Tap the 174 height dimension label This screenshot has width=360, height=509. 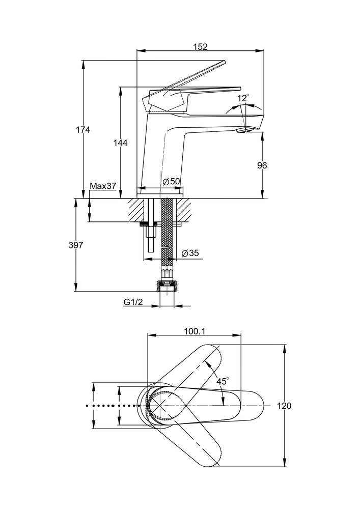point(82,130)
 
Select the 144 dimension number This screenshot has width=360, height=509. point(120,143)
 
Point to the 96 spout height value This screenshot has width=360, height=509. point(262,165)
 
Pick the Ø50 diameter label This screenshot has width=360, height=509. point(172,181)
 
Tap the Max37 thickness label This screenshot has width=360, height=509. point(103,186)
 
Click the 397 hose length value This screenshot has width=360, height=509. point(75,245)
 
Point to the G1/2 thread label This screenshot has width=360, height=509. point(133,302)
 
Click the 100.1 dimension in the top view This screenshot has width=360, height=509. point(194,331)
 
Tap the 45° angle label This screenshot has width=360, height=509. point(223,381)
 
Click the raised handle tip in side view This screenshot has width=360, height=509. point(221,63)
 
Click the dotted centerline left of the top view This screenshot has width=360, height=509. point(112,406)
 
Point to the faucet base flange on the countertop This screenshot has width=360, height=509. point(160,192)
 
